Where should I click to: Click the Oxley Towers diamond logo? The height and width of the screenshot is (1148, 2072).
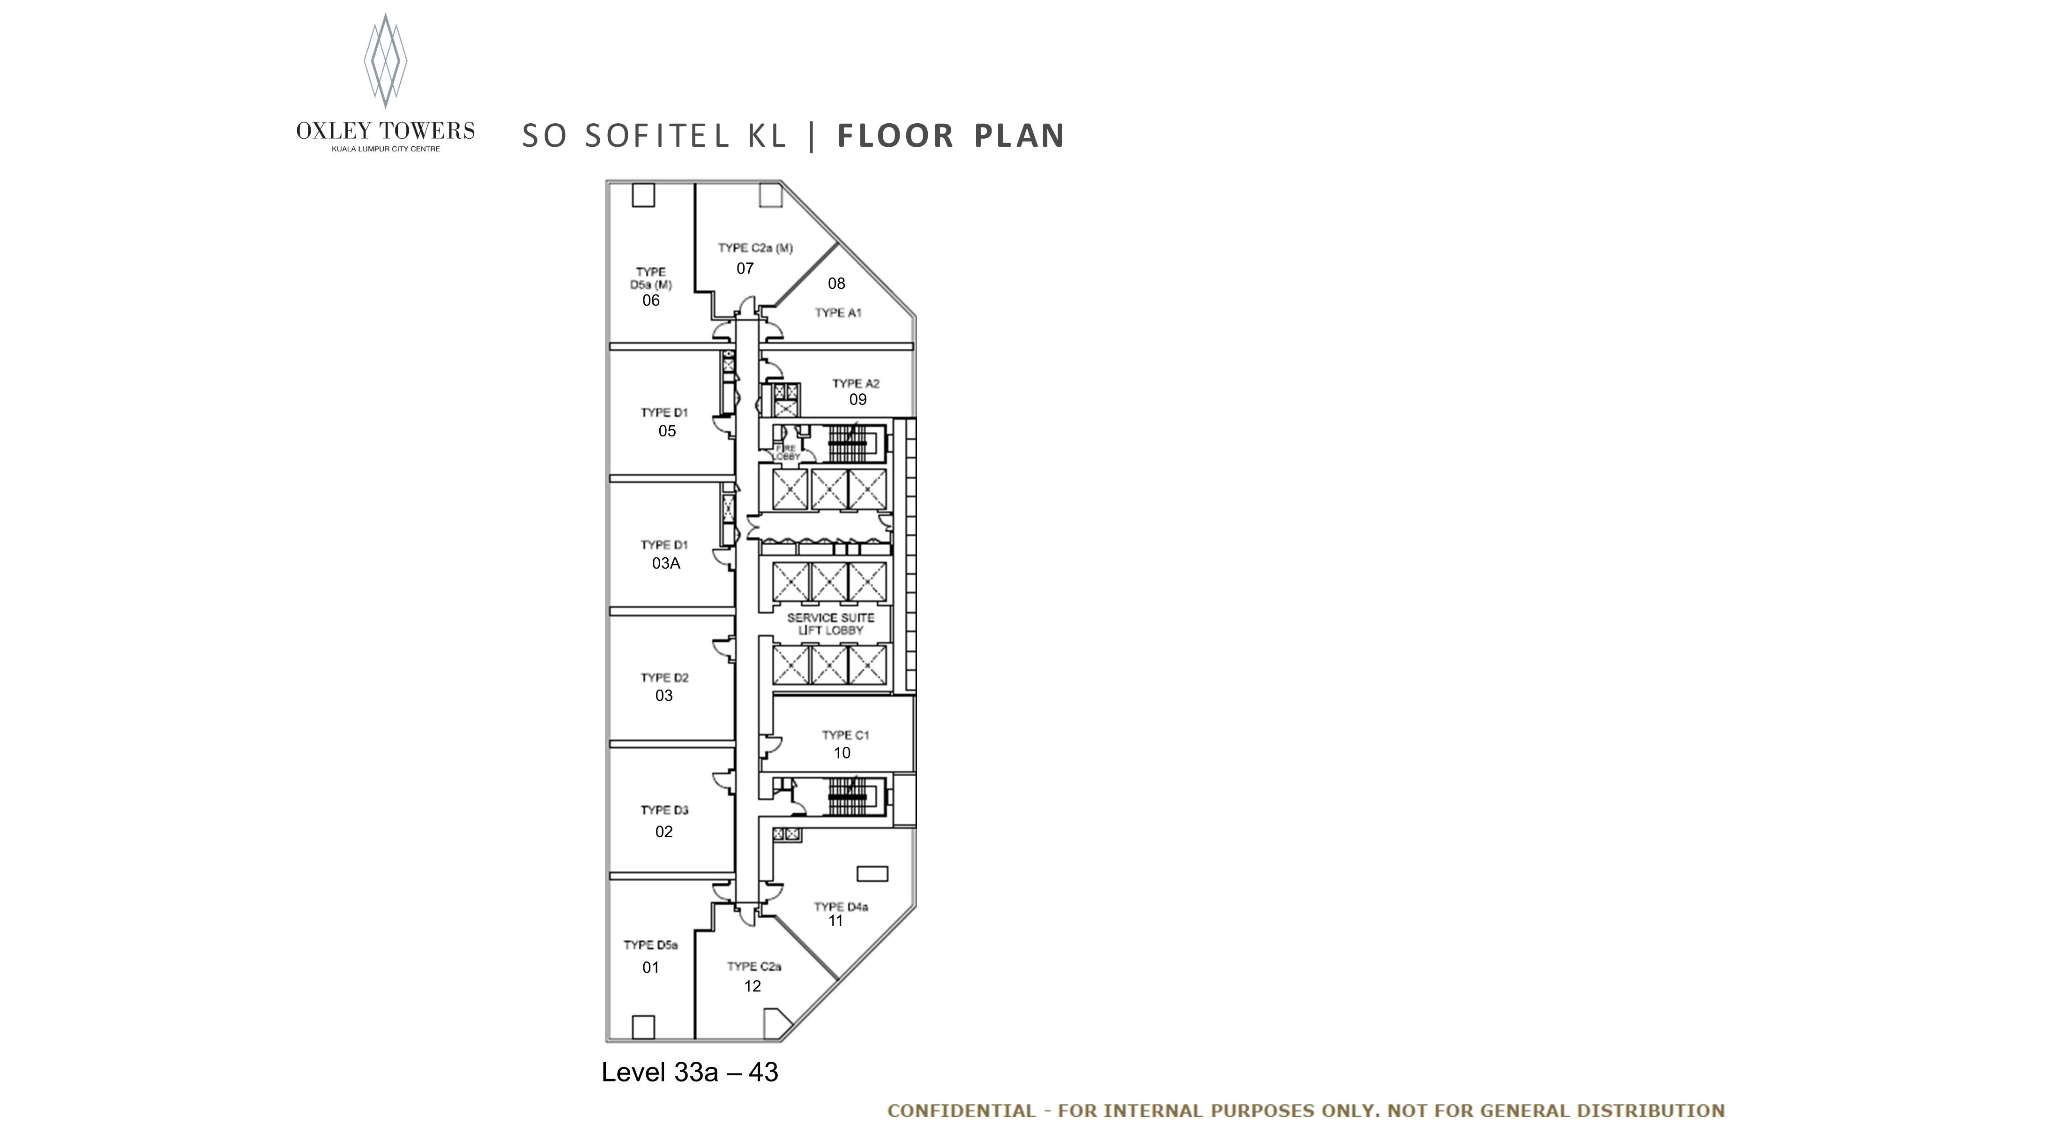coord(385,60)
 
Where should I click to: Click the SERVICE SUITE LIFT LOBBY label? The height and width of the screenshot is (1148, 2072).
coord(831,623)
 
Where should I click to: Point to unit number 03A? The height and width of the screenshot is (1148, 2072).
coord(666,563)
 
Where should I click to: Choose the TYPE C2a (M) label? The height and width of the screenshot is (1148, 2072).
coord(755,248)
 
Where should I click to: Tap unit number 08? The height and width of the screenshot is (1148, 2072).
coord(836,283)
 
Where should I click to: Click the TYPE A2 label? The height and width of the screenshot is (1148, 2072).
coord(856,384)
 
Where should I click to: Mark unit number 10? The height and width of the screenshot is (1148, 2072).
coord(842,753)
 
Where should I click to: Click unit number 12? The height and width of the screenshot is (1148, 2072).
coord(752,986)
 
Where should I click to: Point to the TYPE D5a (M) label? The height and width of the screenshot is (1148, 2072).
coord(651,278)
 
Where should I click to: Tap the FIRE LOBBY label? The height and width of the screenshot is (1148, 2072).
coord(786,452)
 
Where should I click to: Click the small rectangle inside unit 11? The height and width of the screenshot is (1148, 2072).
coord(872,874)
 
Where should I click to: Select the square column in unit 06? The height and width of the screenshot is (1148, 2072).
coord(643,195)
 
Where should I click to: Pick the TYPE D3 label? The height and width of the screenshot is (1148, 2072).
coord(664,810)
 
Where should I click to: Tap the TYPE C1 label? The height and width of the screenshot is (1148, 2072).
coord(845,735)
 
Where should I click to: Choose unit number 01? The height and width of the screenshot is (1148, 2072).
coord(651,968)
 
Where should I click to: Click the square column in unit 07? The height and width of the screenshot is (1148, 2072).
coord(770,195)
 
